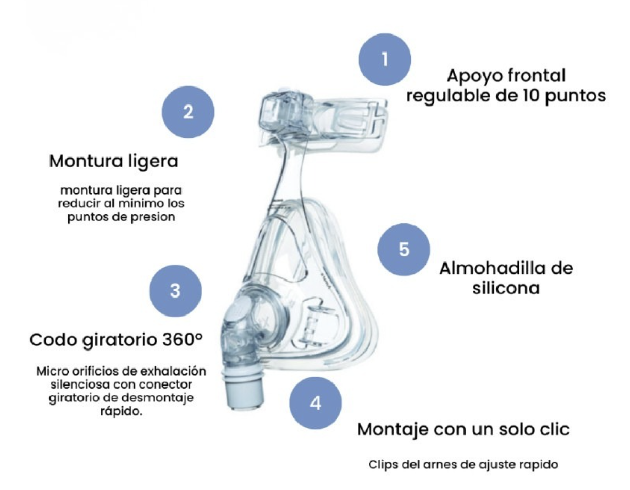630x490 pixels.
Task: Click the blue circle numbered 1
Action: (x=385, y=59)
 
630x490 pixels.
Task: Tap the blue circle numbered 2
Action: (x=188, y=112)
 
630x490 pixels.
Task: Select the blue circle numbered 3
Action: (x=175, y=291)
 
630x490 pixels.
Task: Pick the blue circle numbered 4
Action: (x=316, y=403)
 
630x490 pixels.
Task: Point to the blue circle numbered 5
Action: (x=404, y=249)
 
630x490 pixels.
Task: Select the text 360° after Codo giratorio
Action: (x=182, y=339)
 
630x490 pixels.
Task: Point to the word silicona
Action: (x=506, y=288)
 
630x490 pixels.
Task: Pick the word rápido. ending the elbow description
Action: (x=121, y=411)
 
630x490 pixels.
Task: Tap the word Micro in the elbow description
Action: (x=52, y=371)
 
